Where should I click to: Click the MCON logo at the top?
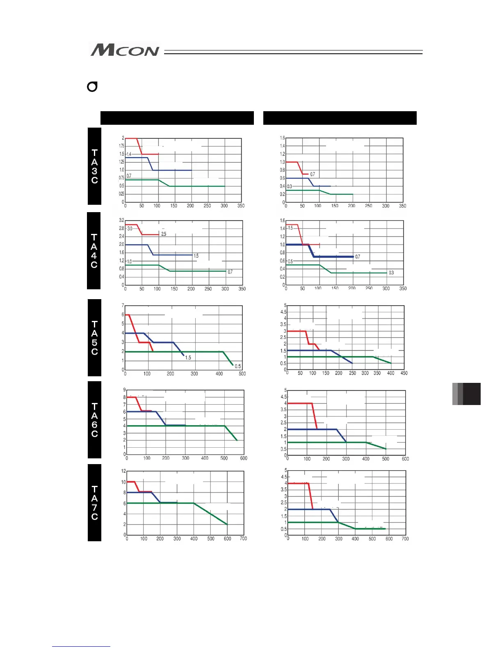pos(125,50)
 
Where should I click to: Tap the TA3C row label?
pos(94,166)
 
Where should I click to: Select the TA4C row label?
pos(94,251)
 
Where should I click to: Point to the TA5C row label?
pos(94,338)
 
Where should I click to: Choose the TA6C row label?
pos(94,420)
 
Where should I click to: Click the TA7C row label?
pos(94,503)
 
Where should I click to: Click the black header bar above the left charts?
pos(177,118)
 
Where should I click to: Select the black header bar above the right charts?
pos(340,118)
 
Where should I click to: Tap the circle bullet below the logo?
pos(92,87)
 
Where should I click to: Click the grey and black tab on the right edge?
pos(466,394)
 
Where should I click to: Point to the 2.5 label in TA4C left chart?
pos(164,234)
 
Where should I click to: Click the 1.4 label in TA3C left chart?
pos(129,154)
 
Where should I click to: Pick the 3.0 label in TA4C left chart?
pos(130,229)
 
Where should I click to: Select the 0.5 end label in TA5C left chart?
pos(238,366)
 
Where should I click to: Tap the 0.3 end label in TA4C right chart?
pos(391,272)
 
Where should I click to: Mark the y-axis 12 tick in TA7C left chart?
pos(123,471)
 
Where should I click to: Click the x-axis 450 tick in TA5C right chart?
pos(404,373)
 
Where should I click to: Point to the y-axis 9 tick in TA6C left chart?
pos(125,390)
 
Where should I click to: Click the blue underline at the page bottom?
pos(81,646)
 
